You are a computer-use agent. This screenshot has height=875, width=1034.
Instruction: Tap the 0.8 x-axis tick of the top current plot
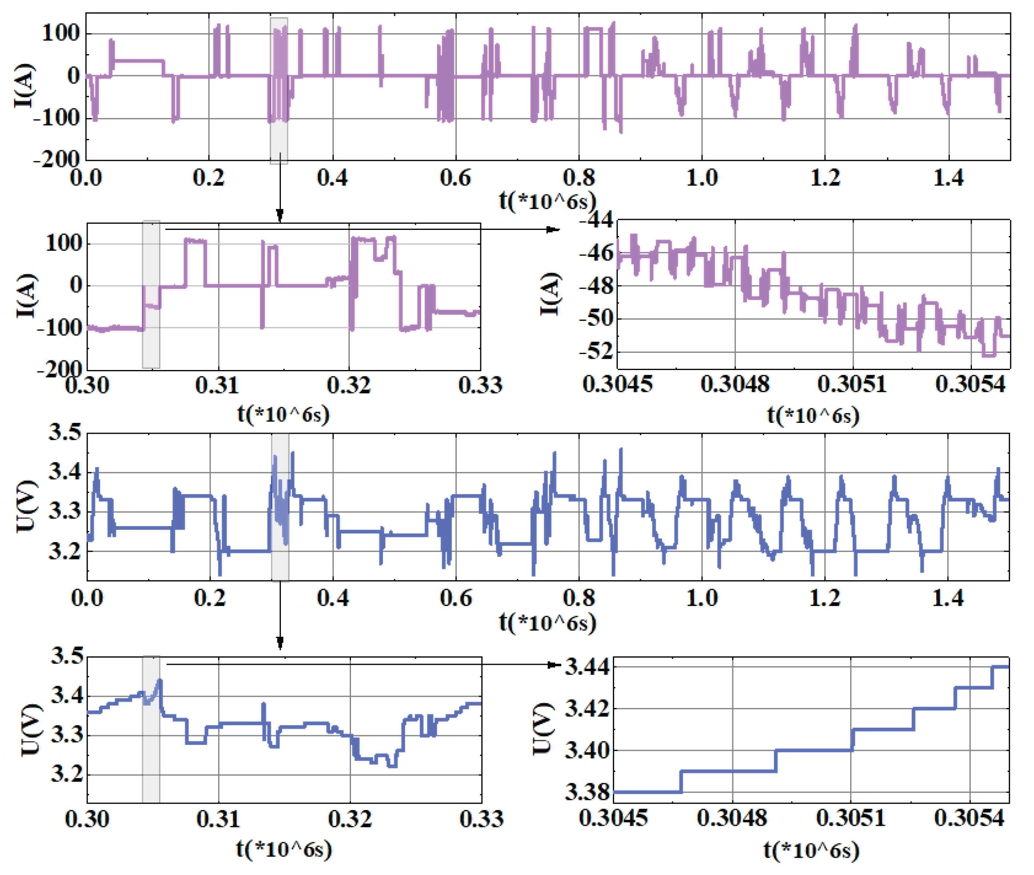click(579, 177)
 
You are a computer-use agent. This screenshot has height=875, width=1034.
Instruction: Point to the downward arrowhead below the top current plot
click(280, 215)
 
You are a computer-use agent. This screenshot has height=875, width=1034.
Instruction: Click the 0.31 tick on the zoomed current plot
click(217, 385)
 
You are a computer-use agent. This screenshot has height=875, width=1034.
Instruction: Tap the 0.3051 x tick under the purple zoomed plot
click(851, 384)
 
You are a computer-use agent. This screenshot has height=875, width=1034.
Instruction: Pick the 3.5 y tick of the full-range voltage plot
click(64, 433)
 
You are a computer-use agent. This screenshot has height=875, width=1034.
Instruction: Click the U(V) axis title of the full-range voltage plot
click(26, 506)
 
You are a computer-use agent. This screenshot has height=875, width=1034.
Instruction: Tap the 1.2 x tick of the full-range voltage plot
click(824, 598)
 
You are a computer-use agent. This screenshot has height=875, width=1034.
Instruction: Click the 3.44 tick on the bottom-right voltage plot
click(587, 667)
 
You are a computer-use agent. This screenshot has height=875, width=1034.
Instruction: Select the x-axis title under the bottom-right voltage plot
click(811, 850)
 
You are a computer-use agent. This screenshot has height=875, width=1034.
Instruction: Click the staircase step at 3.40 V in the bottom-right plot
click(814, 750)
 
